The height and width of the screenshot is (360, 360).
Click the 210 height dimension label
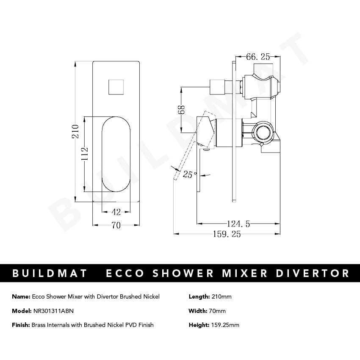(x=75, y=132)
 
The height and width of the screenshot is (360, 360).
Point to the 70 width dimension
(x=116, y=225)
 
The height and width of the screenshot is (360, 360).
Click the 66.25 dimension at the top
(x=258, y=56)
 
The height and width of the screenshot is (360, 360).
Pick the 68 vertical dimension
(x=181, y=109)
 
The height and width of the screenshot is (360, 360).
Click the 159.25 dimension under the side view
(x=227, y=234)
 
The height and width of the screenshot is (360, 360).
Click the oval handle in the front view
(x=116, y=155)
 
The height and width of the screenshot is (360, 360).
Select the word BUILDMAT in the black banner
(x=50, y=273)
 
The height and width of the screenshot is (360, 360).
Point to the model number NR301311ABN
(x=53, y=311)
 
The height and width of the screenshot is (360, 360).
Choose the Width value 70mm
(x=218, y=311)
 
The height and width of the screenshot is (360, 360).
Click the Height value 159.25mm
(x=224, y=325)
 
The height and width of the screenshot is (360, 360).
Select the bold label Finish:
(x=21, y=325)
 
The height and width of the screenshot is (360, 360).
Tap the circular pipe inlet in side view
(x=264, y=131)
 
